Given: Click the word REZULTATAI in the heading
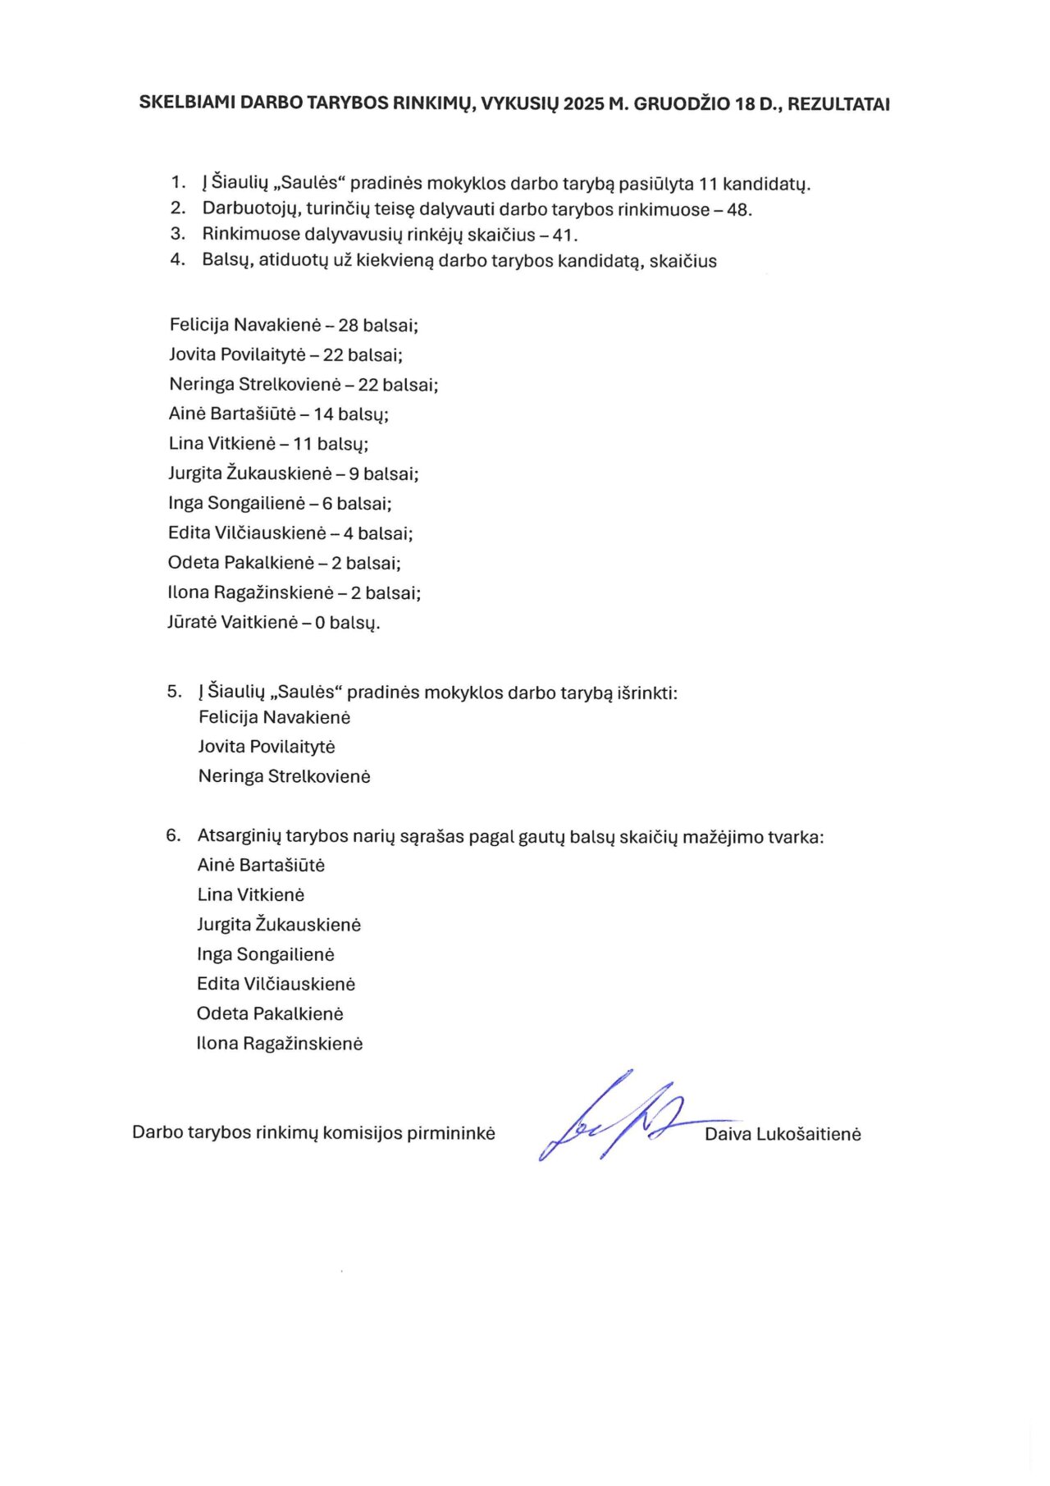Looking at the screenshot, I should coord(838,104).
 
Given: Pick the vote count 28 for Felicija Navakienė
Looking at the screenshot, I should coord(349,326).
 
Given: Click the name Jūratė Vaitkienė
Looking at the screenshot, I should coord(232,623).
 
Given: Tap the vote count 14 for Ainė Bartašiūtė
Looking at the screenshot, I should coord(323,414).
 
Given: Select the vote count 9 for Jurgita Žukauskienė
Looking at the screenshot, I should coord(354,474).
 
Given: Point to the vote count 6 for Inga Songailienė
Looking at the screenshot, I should coord(327,504).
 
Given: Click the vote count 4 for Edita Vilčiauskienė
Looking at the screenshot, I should coord(349,534).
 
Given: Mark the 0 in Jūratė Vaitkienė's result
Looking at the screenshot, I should coord(320,623).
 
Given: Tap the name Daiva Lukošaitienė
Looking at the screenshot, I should coord(783,1135).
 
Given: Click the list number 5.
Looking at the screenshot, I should coord(173,692).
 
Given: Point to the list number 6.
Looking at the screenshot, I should coord(172,836).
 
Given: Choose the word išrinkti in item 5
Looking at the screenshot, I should coord(646,693).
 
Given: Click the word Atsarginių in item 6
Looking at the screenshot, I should coord(239,837).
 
